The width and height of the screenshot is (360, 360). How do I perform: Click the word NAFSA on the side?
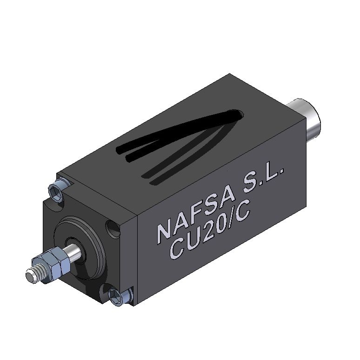point(193,218)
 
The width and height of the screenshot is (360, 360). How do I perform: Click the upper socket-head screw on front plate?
point(57,188)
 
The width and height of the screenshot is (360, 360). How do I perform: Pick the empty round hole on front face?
point(113,228)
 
